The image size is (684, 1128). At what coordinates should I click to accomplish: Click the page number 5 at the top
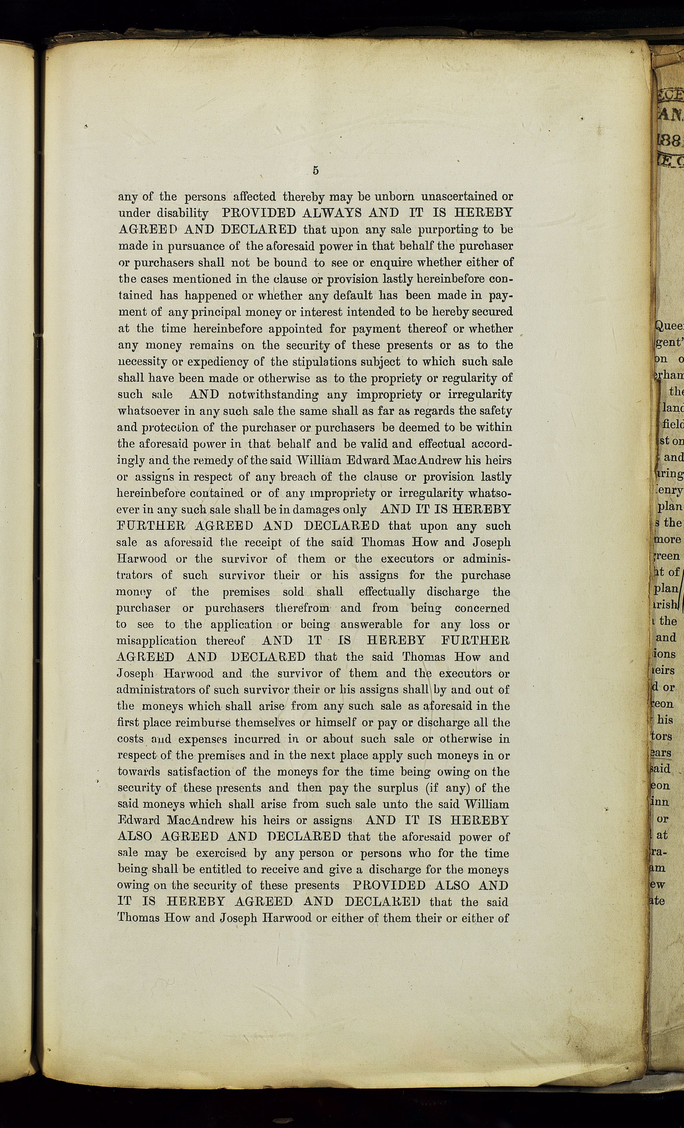[x=316, y=171]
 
